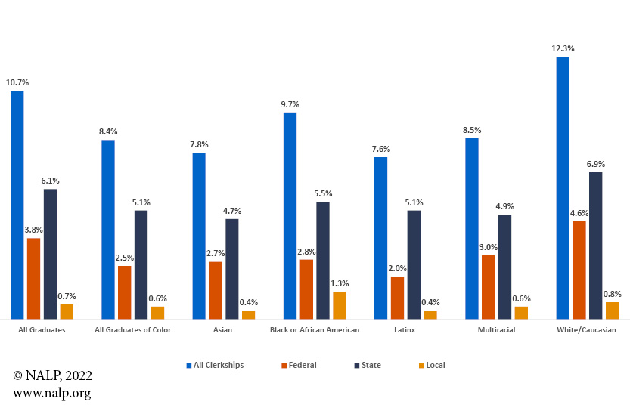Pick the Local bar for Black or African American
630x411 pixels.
[x=340, y=304]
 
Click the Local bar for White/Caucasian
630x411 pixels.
[x=612, y=311]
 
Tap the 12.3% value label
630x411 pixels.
[x=563, y=49]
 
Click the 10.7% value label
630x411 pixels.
[x=17, y=82]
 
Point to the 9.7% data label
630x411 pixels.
[x=290, y=104]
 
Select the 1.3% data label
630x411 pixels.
[x=340, y=283]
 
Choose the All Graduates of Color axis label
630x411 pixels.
[x=132, y=330]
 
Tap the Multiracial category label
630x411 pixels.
[x=496, y=330]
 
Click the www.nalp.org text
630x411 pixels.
[x=51, y=393]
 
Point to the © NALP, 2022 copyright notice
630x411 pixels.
[x=52, y=375]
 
